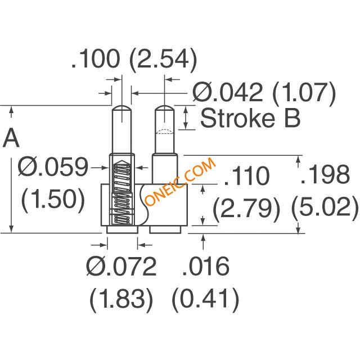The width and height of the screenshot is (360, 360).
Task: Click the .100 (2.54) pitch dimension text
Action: [x=134, y=58]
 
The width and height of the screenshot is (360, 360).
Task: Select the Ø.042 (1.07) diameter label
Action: [x=264, y=93]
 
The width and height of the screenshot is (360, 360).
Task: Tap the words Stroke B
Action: [x=250, y=119]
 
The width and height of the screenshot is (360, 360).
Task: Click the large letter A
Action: [x=11, y=138]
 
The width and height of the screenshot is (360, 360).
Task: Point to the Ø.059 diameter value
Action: [x=53, y=168]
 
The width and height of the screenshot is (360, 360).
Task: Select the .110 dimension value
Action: [x=246, y=176]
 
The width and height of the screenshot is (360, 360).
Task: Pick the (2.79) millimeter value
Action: [x=246, y=209]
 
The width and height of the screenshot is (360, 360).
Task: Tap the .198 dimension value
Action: [x=325, y=175]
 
